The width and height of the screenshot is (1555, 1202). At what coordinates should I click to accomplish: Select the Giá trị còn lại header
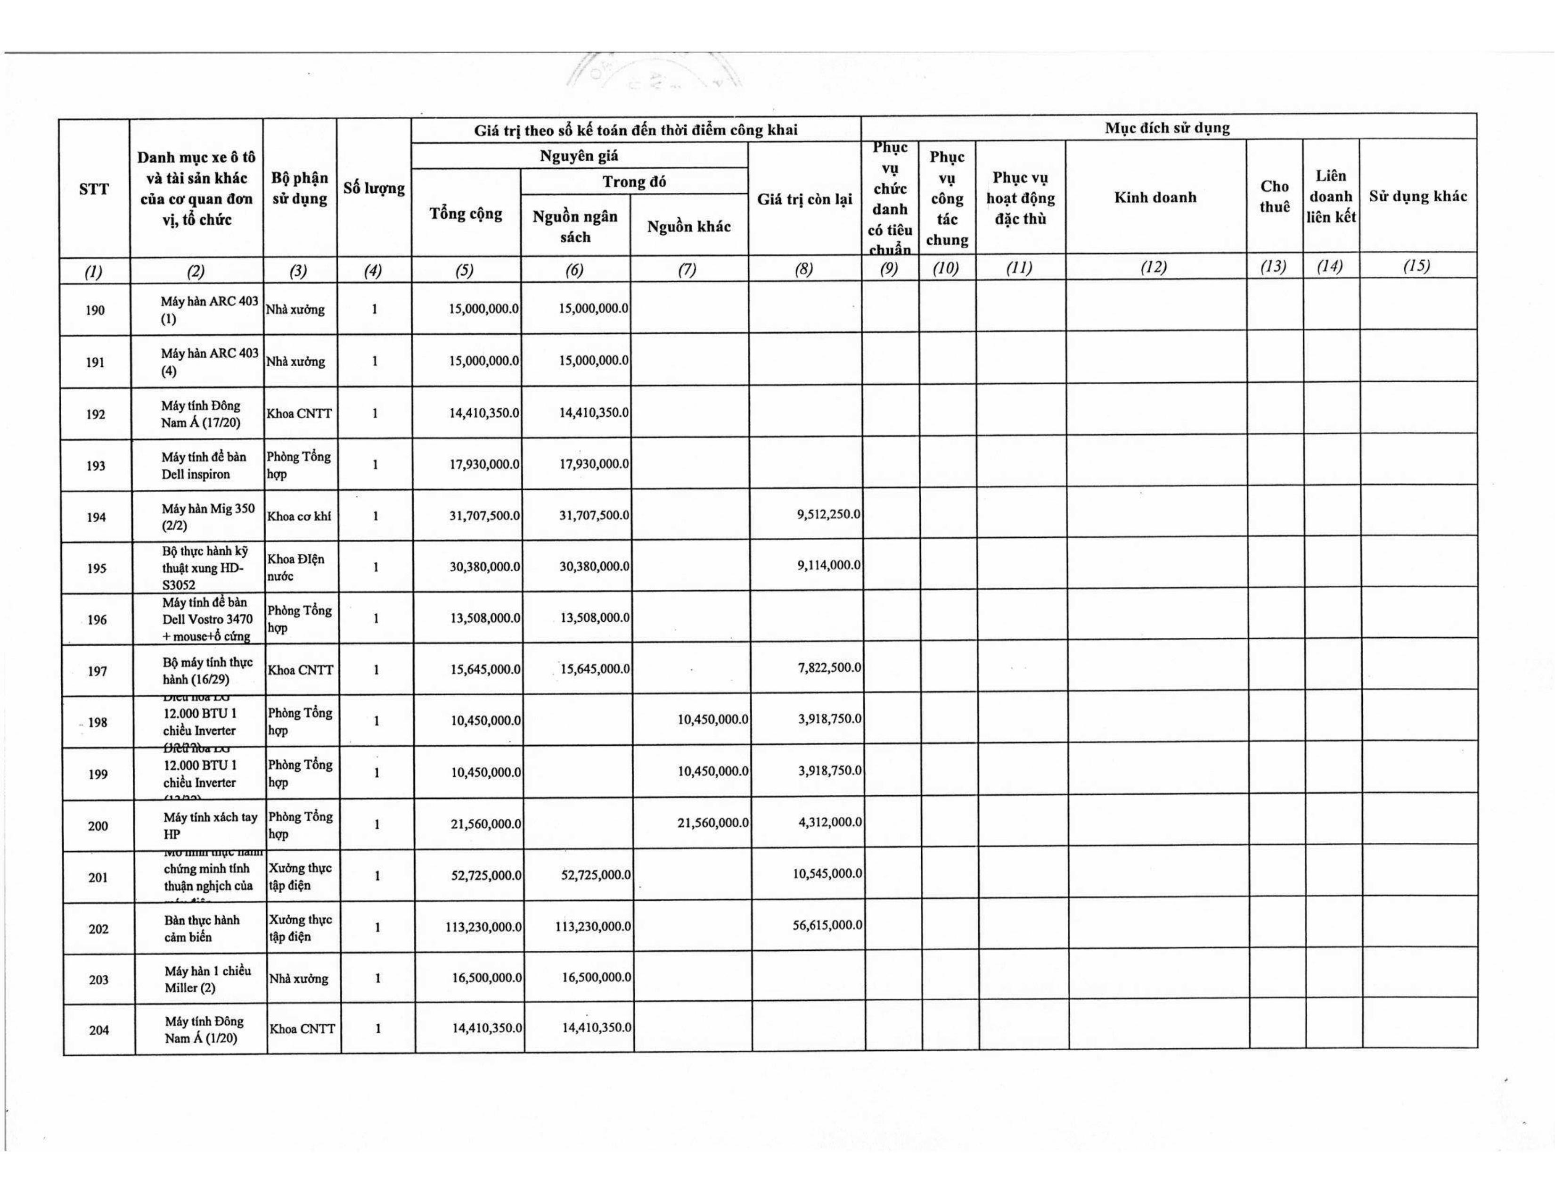click(x=804, y=199)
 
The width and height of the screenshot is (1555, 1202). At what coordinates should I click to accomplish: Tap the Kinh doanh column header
click(x=1155, y=197)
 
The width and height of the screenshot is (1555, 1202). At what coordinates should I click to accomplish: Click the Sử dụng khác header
click(x=1417, y=197)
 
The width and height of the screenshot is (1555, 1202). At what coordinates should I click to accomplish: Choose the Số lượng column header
click(x=374, y=188)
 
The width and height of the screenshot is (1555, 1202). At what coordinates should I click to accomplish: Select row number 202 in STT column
click(x=98, y=929)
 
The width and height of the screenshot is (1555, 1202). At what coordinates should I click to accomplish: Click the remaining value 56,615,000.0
click(x=827, y=925)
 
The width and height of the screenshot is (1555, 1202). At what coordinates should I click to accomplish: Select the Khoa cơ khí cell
click(x=299, y=516)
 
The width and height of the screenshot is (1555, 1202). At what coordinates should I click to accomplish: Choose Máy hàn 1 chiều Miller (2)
click(x=207, y=979)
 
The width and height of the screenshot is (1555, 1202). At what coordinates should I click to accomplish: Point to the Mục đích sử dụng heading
click(x=1167, y=128)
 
